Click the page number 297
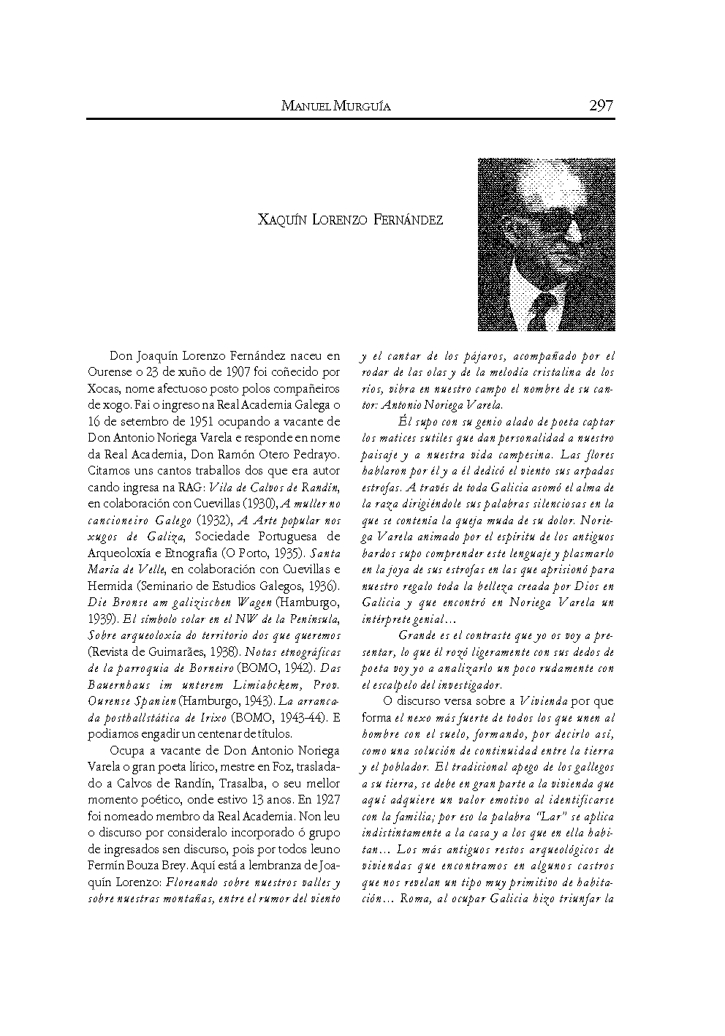pyautogui.click(x=601, y=106)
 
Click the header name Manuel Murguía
pyautogui.click(x=335, y=107)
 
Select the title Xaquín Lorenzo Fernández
pyautogui.click(x=351, y=220)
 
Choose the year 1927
pyautogui.click(x=325, y=798)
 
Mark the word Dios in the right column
pyautogui.click(x=590, y=586)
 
